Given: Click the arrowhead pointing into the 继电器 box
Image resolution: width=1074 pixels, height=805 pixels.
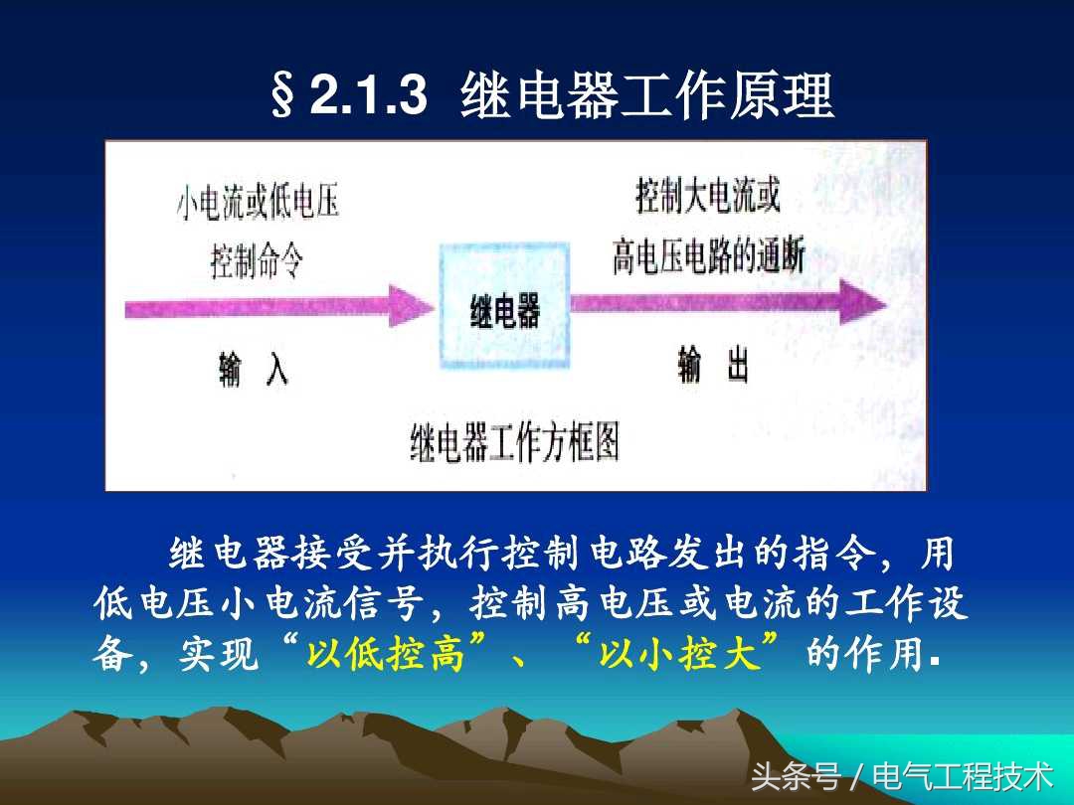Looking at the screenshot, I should [x=413, y=304].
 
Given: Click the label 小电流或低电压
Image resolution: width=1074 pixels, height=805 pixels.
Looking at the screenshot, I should [x=258, y=204].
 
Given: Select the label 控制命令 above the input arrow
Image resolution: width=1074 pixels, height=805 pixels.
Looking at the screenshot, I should [x=257, y=262].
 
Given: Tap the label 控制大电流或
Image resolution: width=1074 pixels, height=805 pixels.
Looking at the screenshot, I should [x=708, y=196].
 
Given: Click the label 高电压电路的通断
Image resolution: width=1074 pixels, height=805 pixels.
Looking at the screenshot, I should [x=708, y=256].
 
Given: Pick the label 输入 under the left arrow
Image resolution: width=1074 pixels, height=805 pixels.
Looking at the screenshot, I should [x=254, y=370].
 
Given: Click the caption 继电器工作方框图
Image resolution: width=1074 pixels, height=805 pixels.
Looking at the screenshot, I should [x=514, y=441].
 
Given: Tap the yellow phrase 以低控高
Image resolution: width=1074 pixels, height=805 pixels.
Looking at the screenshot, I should [x=386, y=656].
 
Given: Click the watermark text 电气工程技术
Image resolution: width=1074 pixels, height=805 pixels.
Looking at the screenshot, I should [x=962, y=775].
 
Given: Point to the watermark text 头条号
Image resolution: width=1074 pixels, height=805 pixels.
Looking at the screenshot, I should [x=796, y=775].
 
